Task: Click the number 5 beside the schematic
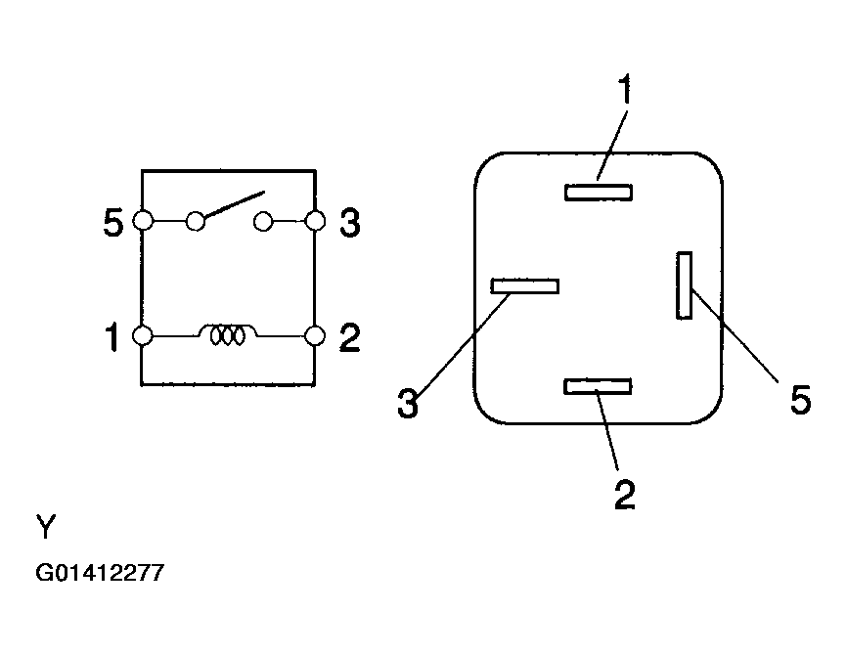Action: tap(112, 223)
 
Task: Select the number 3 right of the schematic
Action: tap(350, 223)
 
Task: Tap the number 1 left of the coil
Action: tap(111, 337)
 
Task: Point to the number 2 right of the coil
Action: tap(349, 337)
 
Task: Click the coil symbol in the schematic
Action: tap(228, 334)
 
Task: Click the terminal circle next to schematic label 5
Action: tap(143, 221)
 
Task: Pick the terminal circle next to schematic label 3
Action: tap(316, 221)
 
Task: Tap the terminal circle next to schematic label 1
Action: tap(143, 336)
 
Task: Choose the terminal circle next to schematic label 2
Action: tap(315, 336)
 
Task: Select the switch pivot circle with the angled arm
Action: tap(196, 221)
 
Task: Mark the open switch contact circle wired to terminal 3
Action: tap(263, 221)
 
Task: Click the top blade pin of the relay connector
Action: tap(599, 193)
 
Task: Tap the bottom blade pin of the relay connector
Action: tap(598, 386)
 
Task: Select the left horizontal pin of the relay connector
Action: tap(524, 286)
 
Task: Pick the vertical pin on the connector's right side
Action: tap(685, 285)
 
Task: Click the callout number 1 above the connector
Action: tap(624, 90)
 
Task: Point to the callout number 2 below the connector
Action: tap(625, 495)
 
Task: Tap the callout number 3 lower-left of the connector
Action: tap(408, 403)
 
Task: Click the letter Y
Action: tap(46, 527)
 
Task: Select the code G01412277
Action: tap(100, 572)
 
